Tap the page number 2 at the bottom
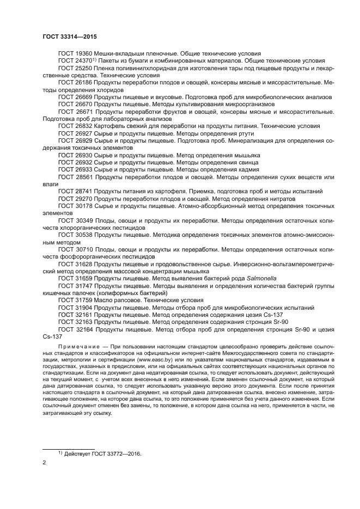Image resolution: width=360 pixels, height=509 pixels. [x=44, y=462]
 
